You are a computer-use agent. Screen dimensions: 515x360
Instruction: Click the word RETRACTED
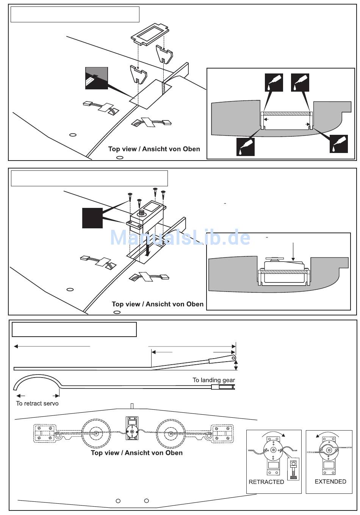click(266, 482)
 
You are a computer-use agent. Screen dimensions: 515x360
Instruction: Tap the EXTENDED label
click(330, 482)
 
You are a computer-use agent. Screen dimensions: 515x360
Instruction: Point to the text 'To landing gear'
click(214, 380)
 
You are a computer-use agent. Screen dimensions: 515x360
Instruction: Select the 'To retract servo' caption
click(37, 403)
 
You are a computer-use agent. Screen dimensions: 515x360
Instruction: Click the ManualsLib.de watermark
click(180, 238)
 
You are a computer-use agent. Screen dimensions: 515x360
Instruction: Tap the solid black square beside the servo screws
click(92, 218)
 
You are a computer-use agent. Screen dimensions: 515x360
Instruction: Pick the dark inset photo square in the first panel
click(97, 78)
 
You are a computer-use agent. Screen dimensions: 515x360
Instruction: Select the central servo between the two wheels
click(132, 428)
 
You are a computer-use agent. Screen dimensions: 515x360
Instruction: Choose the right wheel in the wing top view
click(171, 432)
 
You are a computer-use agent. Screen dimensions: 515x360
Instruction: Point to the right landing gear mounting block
click(222, 433)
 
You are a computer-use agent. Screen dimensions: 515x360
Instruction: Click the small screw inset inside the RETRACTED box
click(293, 469)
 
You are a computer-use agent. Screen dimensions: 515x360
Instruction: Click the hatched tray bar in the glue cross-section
click(286, 114)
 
